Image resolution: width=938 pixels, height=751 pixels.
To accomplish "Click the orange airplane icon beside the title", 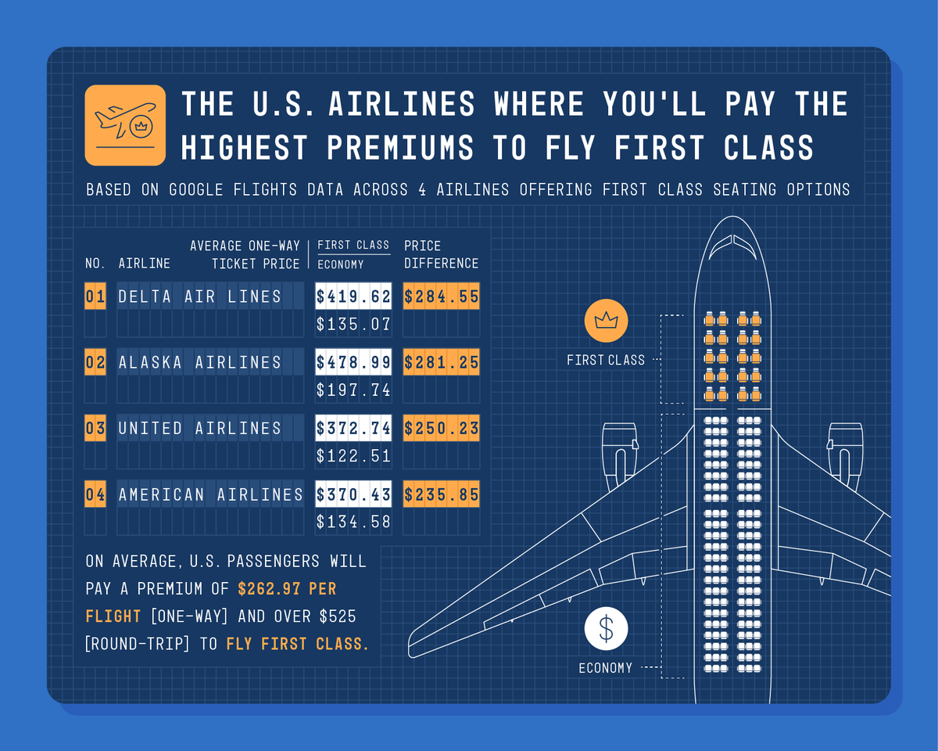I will (125, 125).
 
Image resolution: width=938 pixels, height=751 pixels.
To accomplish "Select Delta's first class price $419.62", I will (353, 296).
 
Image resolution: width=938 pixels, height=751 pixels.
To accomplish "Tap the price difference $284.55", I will (441, 296).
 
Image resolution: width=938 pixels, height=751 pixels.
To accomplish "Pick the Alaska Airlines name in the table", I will (199, 362).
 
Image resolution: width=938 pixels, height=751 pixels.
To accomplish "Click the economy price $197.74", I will (353, 390).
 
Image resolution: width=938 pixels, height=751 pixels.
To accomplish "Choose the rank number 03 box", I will (95, 429).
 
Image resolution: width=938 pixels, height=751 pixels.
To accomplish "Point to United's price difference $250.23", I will (441, 429).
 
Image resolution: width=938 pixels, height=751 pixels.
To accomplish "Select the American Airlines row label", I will (210, 494).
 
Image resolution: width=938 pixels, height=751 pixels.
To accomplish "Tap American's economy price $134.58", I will (353, 521).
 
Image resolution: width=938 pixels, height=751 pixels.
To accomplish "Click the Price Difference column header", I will (441, 254).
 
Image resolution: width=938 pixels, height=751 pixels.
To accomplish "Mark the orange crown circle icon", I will (606, 321).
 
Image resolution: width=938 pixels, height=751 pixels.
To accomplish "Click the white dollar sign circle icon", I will (606, 629).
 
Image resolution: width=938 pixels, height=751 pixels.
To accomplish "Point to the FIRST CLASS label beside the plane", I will (606, 361).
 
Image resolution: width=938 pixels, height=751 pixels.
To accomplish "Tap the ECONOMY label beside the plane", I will (606, 668).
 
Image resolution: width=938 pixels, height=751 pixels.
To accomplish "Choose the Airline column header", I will (144, 264).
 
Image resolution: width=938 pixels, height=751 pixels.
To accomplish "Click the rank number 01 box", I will (95, 296).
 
